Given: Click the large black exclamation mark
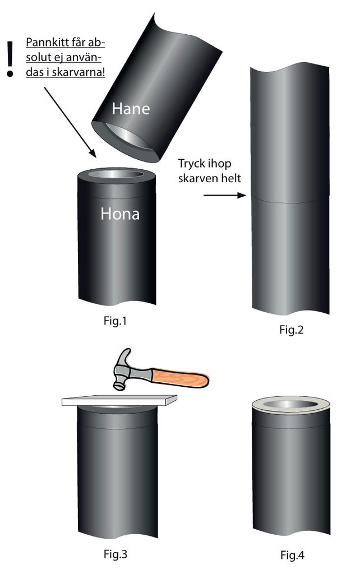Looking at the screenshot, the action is coord(10,59).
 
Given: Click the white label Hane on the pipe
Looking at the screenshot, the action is coord(131,109).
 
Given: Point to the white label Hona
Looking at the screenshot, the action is coord(120,214).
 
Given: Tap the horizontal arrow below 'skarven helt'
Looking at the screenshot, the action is coord(224,196).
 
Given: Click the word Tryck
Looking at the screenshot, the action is coord(191,164).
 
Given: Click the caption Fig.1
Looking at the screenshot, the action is coord(115,321).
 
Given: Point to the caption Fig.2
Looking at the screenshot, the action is coord(292,330).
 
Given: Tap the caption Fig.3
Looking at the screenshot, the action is coord(116,554).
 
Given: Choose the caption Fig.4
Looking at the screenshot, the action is coord(292,555).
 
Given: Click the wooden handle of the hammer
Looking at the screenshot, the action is coord(180,378).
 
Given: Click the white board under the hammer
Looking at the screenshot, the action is coord(119,400).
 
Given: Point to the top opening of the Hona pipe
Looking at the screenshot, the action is coord(117,175).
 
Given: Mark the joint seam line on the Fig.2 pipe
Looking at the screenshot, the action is coord(290,200).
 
